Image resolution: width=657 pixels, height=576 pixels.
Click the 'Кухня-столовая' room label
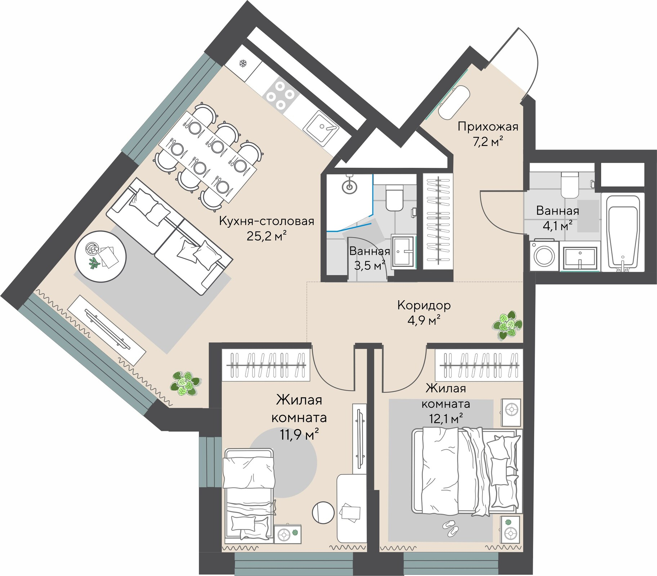(267, 221)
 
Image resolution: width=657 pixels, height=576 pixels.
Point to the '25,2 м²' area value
(267, 236)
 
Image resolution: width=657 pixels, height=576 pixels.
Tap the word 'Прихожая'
(488, 127)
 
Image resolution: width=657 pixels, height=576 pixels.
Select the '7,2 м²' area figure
(488, 142)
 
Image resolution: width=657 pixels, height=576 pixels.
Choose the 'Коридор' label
(424, 305)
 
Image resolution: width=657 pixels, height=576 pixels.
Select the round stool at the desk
(323, 512)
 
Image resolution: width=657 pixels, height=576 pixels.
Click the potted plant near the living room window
(186, 384)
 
